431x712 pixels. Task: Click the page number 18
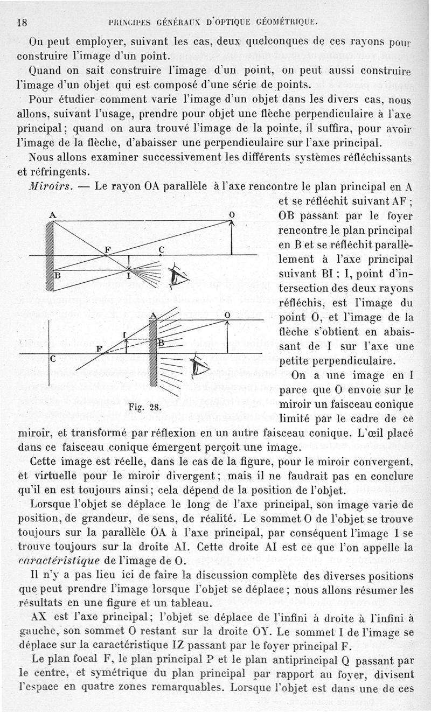point(22,23)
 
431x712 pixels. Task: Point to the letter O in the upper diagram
point(232,214)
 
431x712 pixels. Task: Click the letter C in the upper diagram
point(161,249)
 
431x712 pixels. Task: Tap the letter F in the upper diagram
point(108,249)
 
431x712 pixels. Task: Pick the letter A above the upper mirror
point(53,214)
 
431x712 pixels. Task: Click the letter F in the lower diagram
point(99,348)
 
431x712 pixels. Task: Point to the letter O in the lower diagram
point(227,314)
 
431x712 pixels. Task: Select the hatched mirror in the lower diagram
point(152,355)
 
